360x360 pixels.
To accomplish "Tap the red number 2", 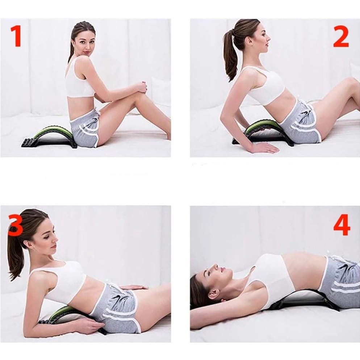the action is (x=341, y=36).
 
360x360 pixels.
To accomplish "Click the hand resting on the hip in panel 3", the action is (x=133, y=288).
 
